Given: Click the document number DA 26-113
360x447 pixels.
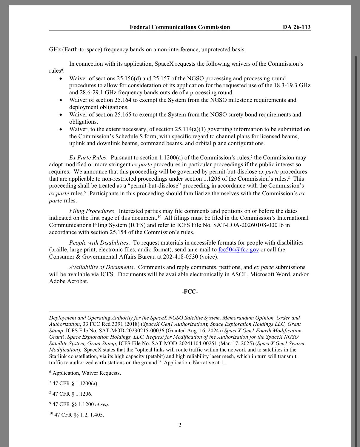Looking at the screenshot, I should point(296,27).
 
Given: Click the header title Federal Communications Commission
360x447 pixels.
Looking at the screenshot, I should point(180,27).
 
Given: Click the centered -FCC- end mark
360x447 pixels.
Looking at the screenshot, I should point(190,292).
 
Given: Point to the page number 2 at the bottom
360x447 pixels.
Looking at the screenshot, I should point(180,425).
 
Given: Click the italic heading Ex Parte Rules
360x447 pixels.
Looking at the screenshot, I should point(87,158).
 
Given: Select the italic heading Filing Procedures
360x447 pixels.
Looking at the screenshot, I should point(92,211).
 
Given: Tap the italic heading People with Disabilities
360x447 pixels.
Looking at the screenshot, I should point(99,243).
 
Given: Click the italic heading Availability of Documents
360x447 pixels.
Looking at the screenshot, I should point(101,267).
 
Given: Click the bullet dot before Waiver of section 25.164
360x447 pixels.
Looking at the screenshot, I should point(61,100).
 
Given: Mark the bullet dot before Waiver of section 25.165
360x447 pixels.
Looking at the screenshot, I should point(61,115).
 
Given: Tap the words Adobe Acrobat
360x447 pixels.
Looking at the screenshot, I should point(68,281).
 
